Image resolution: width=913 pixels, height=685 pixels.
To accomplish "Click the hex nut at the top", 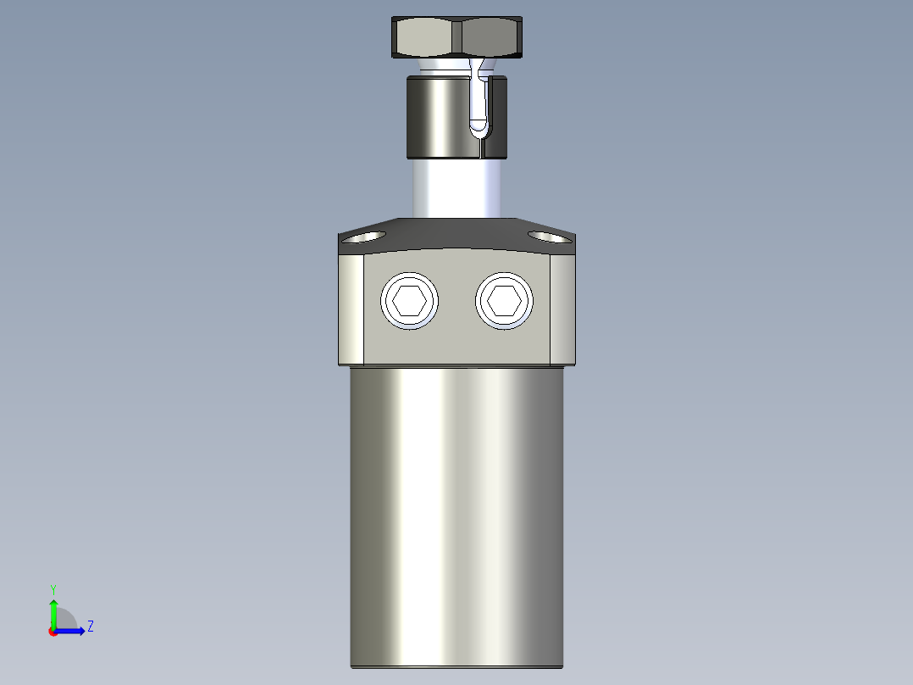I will [x=456, y=37].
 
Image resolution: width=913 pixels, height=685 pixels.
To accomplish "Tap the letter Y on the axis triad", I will [x=53, y=588].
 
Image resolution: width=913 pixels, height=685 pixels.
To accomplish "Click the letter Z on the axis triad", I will [x=90, y=627].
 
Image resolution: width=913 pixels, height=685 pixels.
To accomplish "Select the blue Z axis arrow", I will [x=73, y=631].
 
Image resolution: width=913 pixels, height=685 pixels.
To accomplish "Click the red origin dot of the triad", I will [x=53, y=632].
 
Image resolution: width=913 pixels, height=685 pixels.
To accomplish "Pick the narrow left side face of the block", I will [x=351, y=309].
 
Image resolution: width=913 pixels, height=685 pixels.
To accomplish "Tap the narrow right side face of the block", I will [x=562, y=309].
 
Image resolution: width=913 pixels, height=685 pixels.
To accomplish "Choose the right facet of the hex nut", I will [x=490, y=37].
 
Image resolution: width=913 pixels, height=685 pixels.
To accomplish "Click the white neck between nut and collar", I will [x=440, y=66].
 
